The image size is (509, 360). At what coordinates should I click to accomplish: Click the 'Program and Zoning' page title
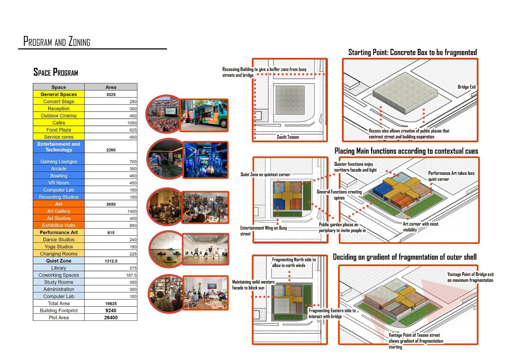coord(57,42)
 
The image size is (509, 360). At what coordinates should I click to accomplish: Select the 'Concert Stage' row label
coord(59,101)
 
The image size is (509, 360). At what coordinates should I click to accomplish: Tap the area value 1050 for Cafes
coord(132,123)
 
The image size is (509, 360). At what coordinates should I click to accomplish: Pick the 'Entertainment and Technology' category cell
coord(59,147)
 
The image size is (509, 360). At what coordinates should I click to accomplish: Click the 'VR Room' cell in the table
coord(59,183)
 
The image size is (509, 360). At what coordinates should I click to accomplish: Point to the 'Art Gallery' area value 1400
coord(132,211)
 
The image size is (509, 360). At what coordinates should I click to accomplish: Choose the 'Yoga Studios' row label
coord(59,247)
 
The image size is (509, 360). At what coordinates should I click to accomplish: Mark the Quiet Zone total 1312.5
coord(111,261)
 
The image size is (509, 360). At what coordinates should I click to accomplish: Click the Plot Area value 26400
coord(111,318)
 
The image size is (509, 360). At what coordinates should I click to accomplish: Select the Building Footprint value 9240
coord(111,311)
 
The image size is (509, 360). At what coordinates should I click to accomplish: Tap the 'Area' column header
coord(111,87)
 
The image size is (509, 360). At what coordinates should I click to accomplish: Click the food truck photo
coord(204,115)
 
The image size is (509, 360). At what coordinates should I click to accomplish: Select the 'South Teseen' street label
coord(288,137)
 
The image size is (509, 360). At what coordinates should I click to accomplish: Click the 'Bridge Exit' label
coord(467,87)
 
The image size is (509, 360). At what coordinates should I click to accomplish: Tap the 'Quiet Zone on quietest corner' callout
coord(265,174)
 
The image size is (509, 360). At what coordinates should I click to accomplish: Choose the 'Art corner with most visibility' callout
coord(420,227)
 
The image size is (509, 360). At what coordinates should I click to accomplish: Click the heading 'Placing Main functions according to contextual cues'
coord(406,151)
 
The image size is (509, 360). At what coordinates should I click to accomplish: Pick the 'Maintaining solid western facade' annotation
coord(253,285)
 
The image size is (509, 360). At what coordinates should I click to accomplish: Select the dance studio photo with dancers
coord(206,249)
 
